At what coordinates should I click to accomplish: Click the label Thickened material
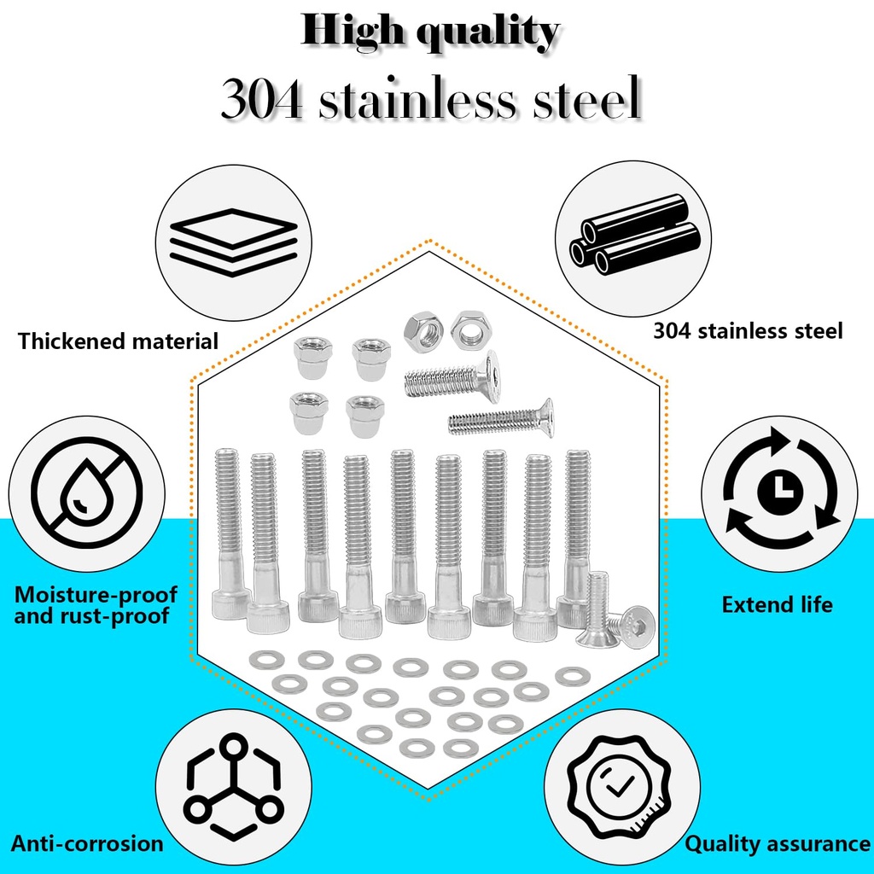click(x=119, y=342)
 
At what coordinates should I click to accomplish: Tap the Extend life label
click(x=777, y=605)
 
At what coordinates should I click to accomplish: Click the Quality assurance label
click(x=778, y=844)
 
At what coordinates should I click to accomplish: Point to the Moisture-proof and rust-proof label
click(x=96, y=604)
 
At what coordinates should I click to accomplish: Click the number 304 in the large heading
click(x=261, y=100)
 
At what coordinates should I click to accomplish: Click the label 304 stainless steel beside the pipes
click(x=748, y=330)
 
